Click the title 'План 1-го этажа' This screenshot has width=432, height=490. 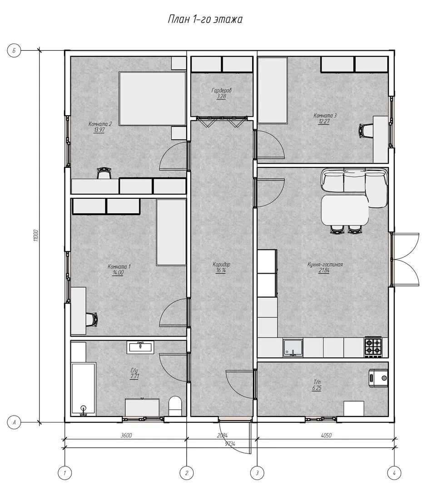tap(205, 19)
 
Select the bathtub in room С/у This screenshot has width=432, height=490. tap(83, 389)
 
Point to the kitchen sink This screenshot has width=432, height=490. tap(293, 348)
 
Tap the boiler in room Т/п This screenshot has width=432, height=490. tap(378, 378)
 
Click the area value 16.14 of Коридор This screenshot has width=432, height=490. tap(221, 270)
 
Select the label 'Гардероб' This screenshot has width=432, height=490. tap(222, 90)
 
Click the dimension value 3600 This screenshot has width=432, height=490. tap(126, 435)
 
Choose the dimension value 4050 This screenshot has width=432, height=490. tap(326, 435)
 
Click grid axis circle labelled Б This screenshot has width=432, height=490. tap(14, 50)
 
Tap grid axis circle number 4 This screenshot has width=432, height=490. tap(394, 473)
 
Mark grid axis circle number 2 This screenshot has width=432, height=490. tap(187, 473)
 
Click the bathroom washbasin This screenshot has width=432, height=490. tap(140, 347)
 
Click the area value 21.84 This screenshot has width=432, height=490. tap(324, 270)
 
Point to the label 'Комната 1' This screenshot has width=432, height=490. tap(119, 267)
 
